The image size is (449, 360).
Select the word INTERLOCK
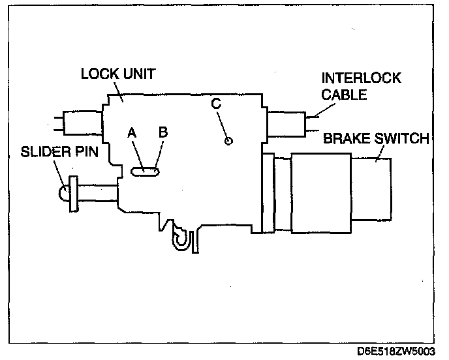[361, 78]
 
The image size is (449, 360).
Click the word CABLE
[344, 95]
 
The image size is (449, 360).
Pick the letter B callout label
[163, 131]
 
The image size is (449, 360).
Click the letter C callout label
[216, 103]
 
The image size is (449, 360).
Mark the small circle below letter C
[228, 141]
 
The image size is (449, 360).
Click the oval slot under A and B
[145, 172]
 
